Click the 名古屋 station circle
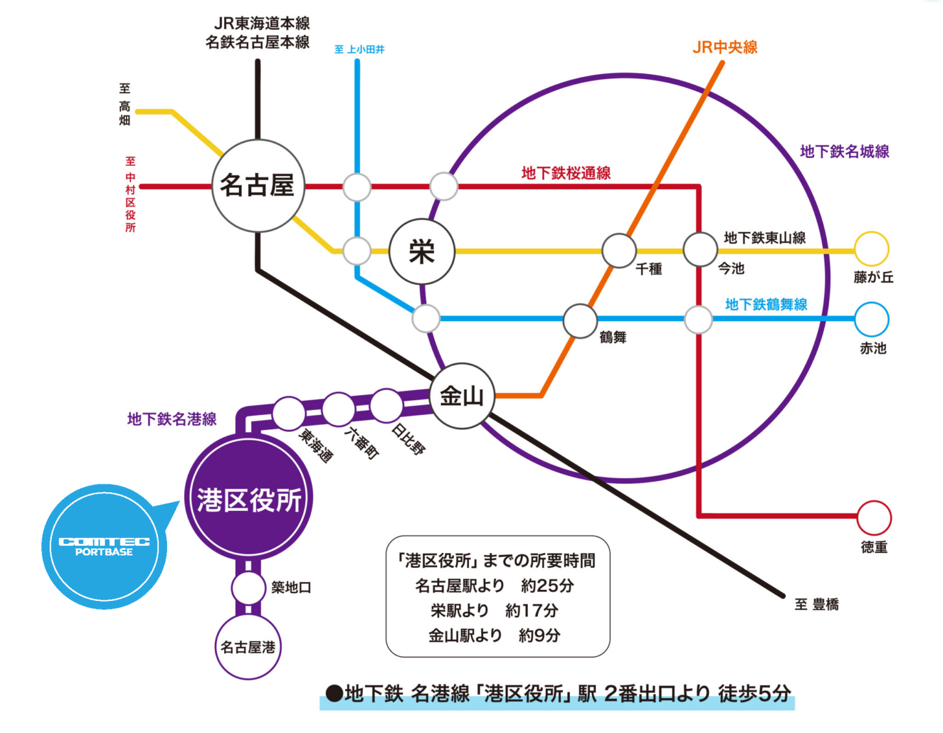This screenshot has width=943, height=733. (x=258, y=185)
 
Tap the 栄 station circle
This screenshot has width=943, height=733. (x=422, y=251)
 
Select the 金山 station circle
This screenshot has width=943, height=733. (x=462, y=396)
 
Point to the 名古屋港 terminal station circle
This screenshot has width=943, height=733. (x=248, y=647)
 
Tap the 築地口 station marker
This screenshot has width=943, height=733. (x=248, y=588)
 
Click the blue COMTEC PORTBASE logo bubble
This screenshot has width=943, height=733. (x=104, y=546)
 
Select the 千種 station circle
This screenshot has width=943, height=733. (x=619, y=250)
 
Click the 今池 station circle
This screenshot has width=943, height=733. (x=700, y=250)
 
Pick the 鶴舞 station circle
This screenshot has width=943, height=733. (x=580, y=320)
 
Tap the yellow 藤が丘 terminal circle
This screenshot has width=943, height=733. (x=872, y=249)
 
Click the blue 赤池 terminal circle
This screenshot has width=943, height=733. (x=872, y=319)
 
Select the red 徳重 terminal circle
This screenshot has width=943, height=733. (x=874, y=518)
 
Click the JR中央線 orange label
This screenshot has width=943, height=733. (x=725, y=47)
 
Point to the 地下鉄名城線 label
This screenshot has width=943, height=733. (x=845, y=152)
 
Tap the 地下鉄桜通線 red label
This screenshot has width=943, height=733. (x=566, y=173)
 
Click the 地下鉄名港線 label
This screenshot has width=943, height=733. (x=172, y=419)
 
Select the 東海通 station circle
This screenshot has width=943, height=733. (x=289, y=413)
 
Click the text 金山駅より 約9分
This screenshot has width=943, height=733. (x=495, y=635)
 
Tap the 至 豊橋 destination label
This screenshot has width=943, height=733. (x=817, y=605)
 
